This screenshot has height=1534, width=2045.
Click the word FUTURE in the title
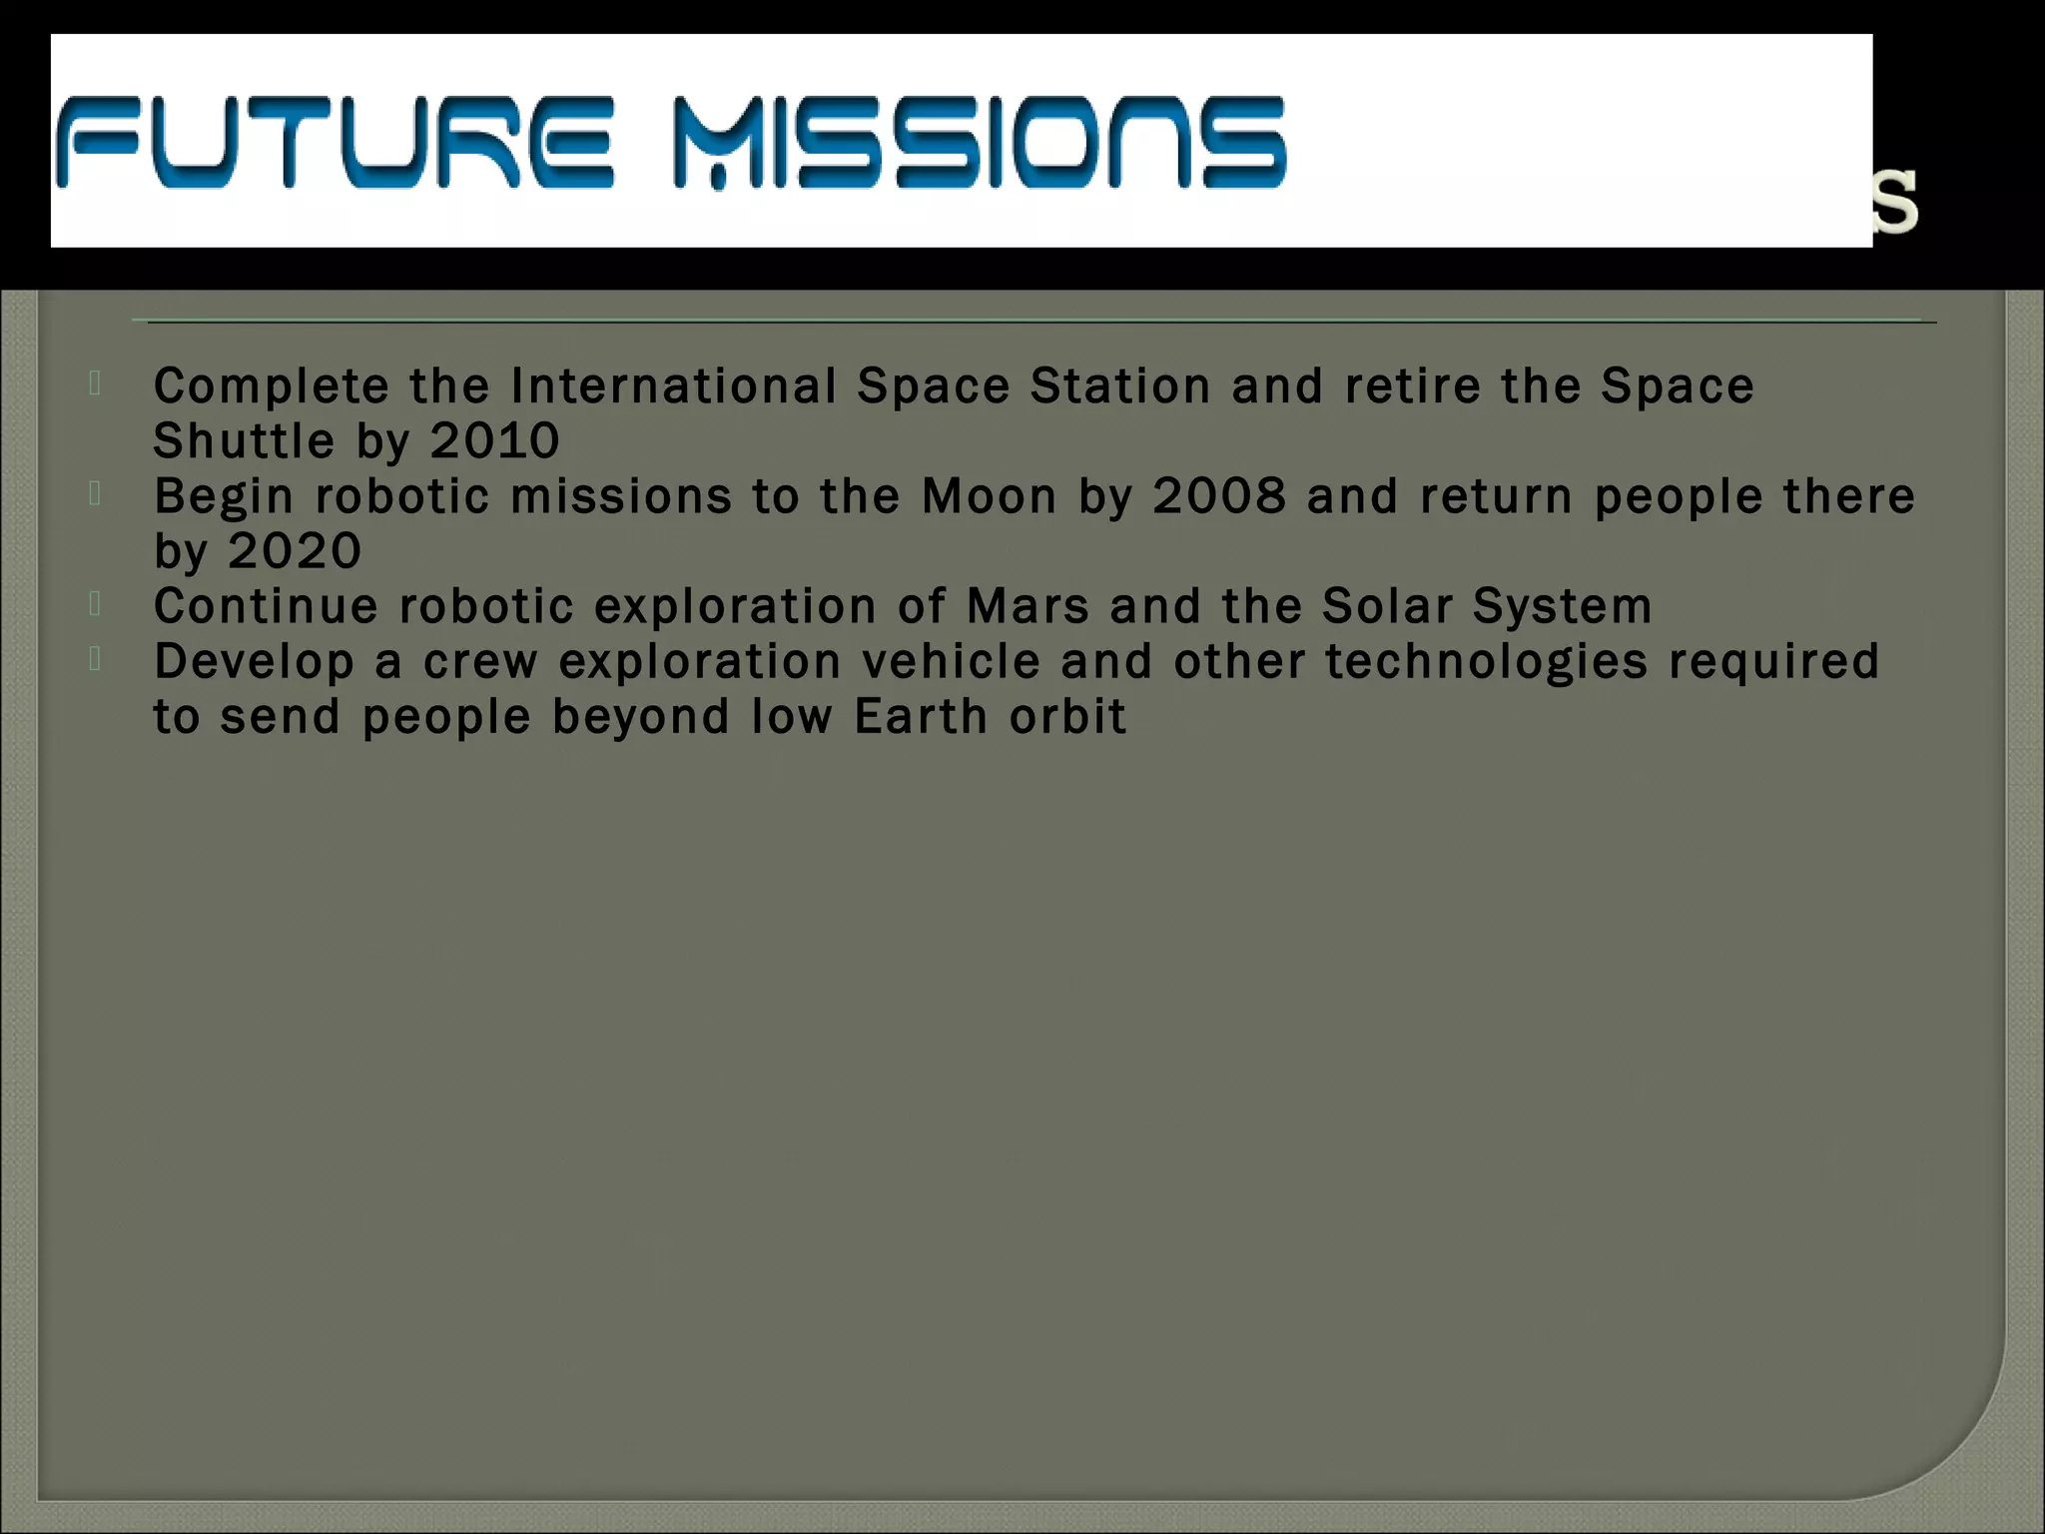click(335, 142)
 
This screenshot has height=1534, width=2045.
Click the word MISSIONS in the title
click(980, 142)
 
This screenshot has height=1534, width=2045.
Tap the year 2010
click(495, 440)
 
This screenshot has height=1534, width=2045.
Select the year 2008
click(1219, 496)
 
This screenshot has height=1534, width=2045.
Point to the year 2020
click(296, 551)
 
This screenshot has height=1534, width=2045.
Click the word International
click(673, 386)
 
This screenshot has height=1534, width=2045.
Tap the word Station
click(1120, 386)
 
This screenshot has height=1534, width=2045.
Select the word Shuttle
click(244, 440)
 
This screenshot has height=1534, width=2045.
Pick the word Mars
click(1027, 606)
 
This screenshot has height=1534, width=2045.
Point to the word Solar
click(1387, 606)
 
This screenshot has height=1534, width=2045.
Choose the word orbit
click(1067, 716)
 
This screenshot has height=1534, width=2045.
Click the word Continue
click(266, 606)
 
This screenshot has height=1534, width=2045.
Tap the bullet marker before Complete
click(95, 383)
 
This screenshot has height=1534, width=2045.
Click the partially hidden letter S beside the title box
click(1896, 204)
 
